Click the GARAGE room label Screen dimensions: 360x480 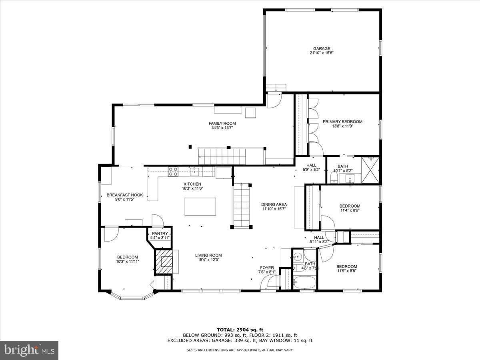[x=322, y=49]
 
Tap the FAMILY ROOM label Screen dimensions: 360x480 [x=222, y=123]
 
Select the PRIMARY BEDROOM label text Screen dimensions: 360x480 [x=342, y=122]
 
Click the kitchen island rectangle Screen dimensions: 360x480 [x=200, y=207]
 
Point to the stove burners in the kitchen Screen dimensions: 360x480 [x=173, y=172]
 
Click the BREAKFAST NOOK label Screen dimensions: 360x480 [x=121, y=195]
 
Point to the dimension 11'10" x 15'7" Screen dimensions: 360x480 [x=274, y=209]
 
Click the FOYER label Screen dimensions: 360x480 [x=267, y=268]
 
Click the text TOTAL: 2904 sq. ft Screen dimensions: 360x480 [x=240, y=329]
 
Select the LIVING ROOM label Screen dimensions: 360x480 [x=208, y=255]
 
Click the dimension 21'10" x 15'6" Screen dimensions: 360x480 [x=322, y=53]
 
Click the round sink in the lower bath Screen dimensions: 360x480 [x=297, y=256]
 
